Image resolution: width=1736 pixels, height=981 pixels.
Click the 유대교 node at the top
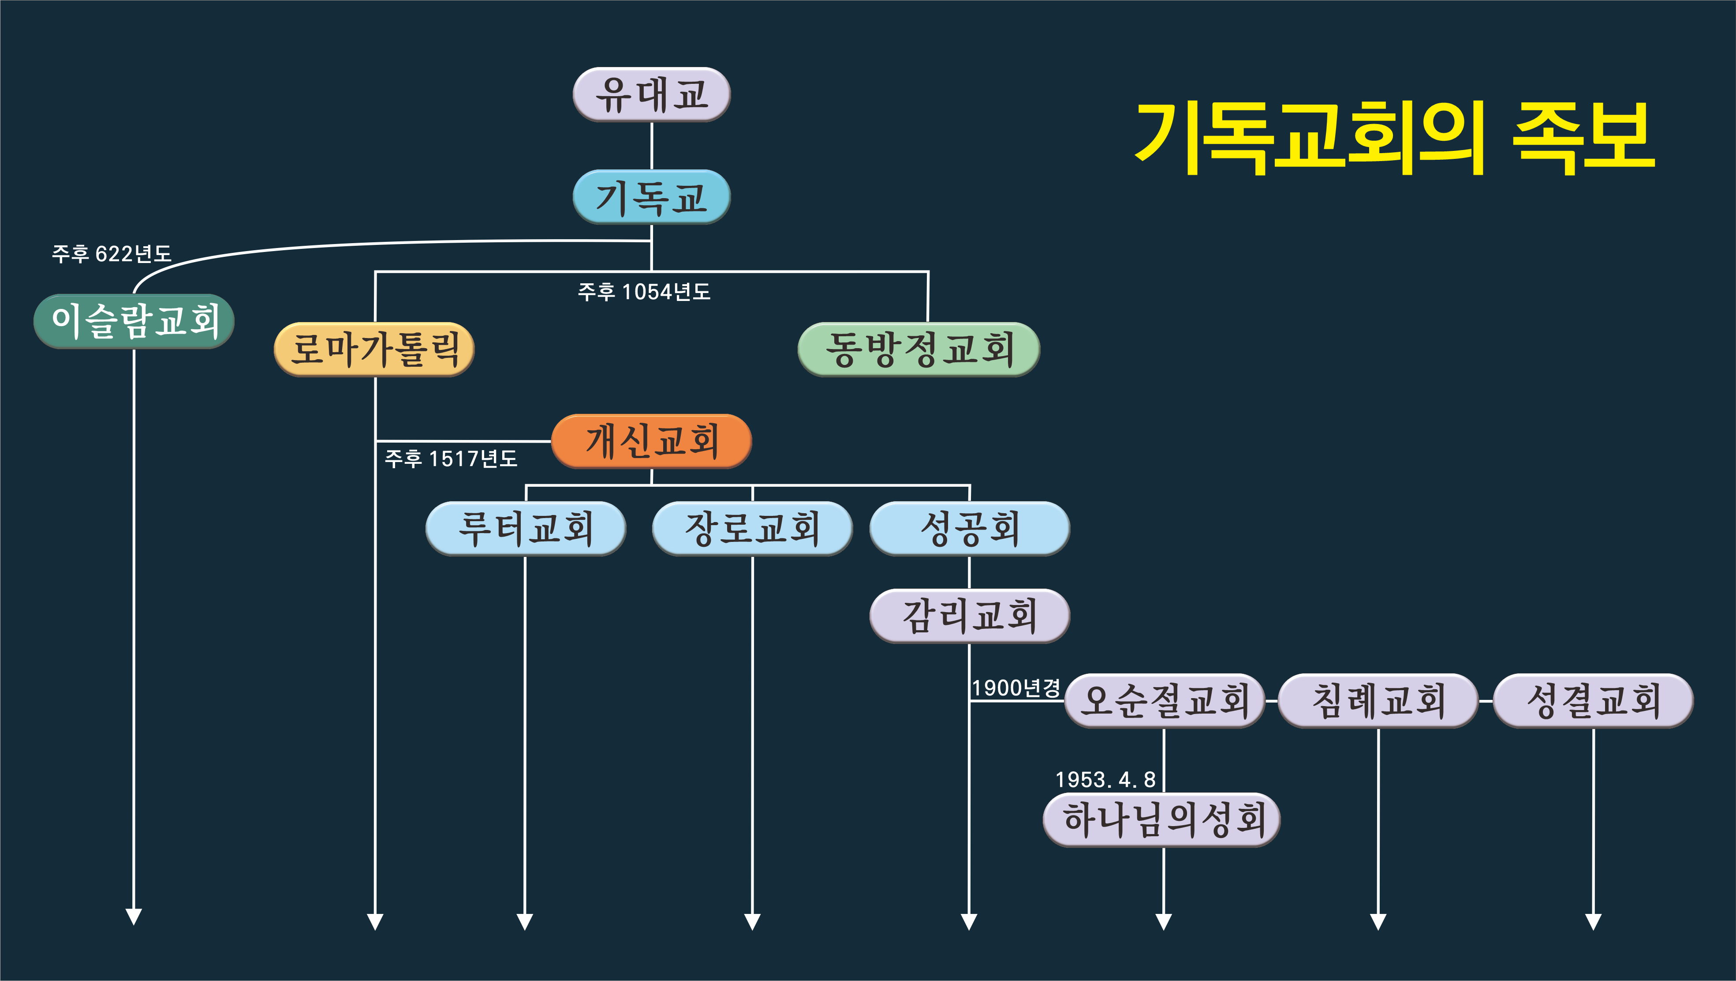click(x=651, y=94)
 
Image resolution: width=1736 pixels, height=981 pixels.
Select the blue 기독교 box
click(x=651, y=197)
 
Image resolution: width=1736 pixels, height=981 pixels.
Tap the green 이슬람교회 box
click(x=134, y=321)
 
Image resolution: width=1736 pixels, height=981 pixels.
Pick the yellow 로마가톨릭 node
click(x=374, y=349)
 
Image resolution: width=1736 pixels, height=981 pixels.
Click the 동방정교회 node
click(x=918, y=349)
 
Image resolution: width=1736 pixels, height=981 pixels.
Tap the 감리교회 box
click(x=969, y=616)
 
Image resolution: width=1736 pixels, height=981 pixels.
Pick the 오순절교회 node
click(x=1164, y=700)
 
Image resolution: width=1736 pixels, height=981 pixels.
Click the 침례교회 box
click(x=1378, y=700)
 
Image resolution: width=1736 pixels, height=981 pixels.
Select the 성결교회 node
click(x=1593, y=700)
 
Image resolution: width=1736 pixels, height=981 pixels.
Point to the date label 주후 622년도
click(x=112, y=253)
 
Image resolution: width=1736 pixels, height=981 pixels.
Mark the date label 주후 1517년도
click(x=451, y=459)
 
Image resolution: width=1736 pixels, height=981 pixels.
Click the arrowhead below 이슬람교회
click(x=134, y=917)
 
